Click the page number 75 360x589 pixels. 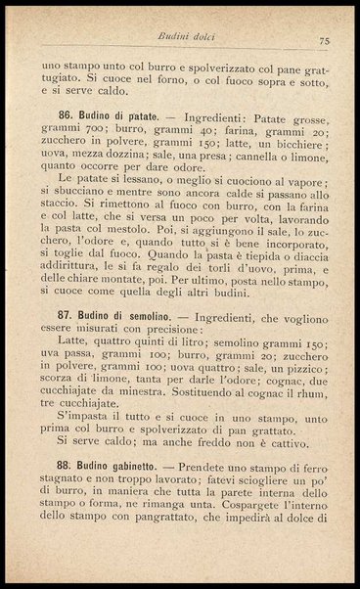click(324, 40)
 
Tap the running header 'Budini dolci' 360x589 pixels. click(194, 36)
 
